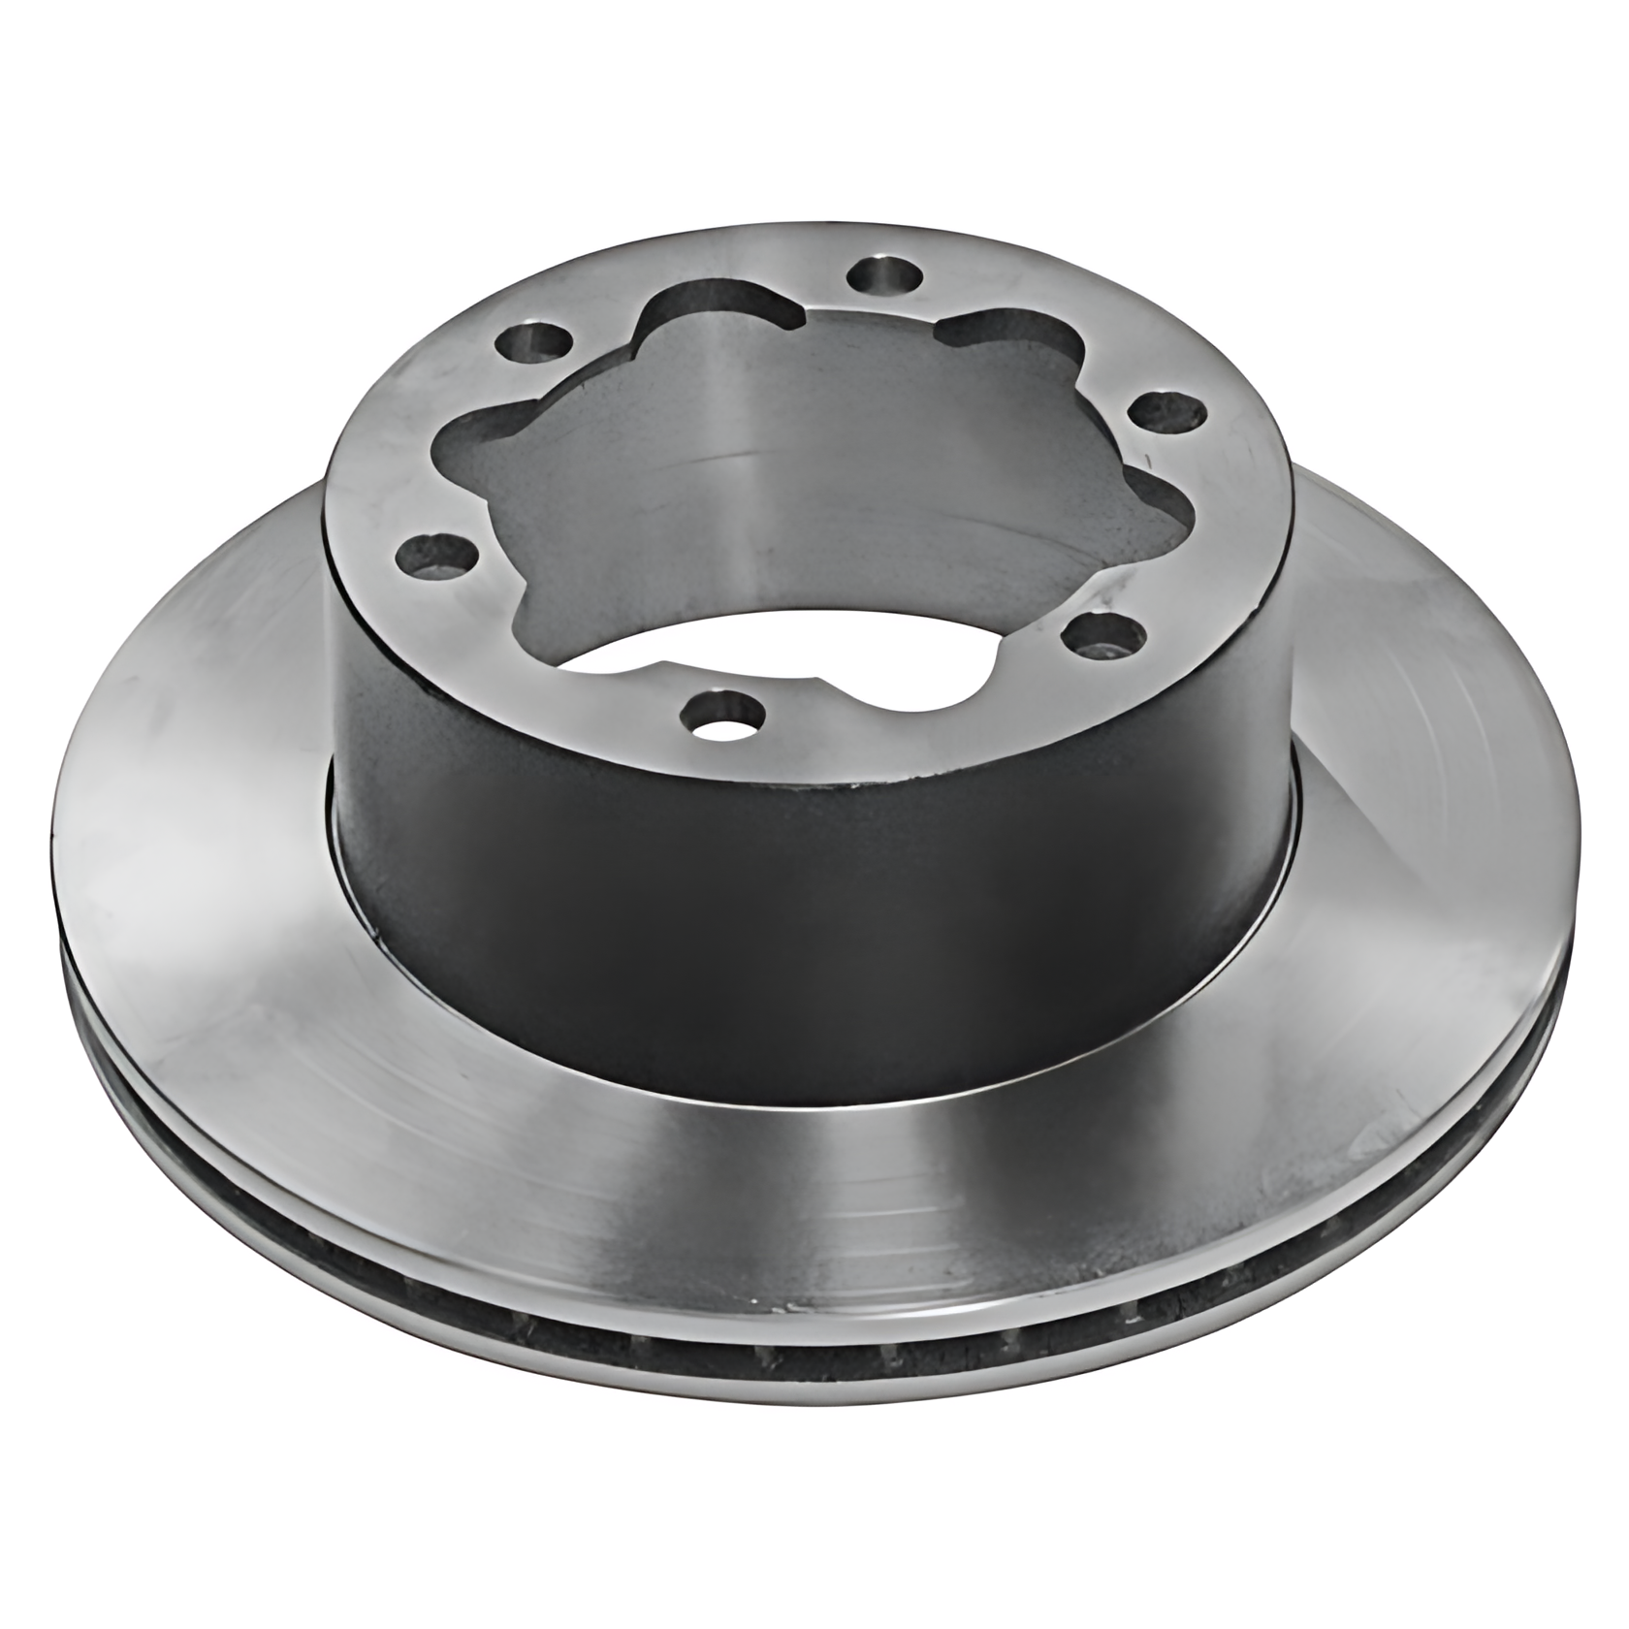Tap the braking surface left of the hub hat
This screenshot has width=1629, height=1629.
coord(194,824)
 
